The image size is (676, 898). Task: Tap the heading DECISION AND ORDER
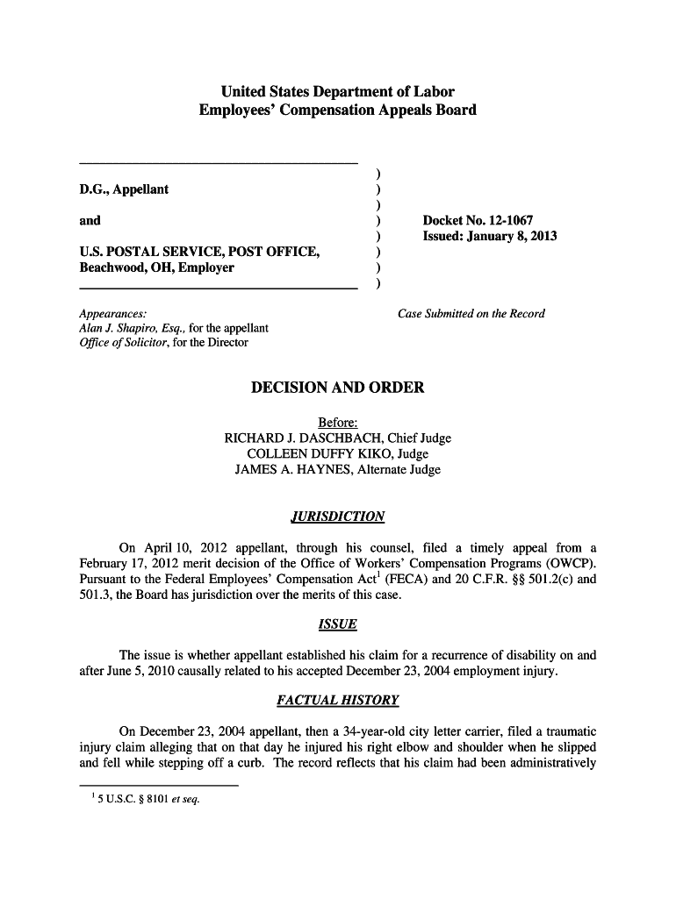(x=338, y=387)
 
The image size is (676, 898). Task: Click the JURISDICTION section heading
(x=337, y=516)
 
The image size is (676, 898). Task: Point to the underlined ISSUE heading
(x=337, y=624)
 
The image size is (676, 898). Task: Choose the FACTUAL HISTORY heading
(x=337, y=701)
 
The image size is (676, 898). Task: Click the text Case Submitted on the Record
(x=471, y=313)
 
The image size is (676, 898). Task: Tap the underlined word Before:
(x=337, y=422)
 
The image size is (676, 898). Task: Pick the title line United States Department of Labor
(x=338, y=91)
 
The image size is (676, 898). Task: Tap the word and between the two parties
(x=90, y=220)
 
